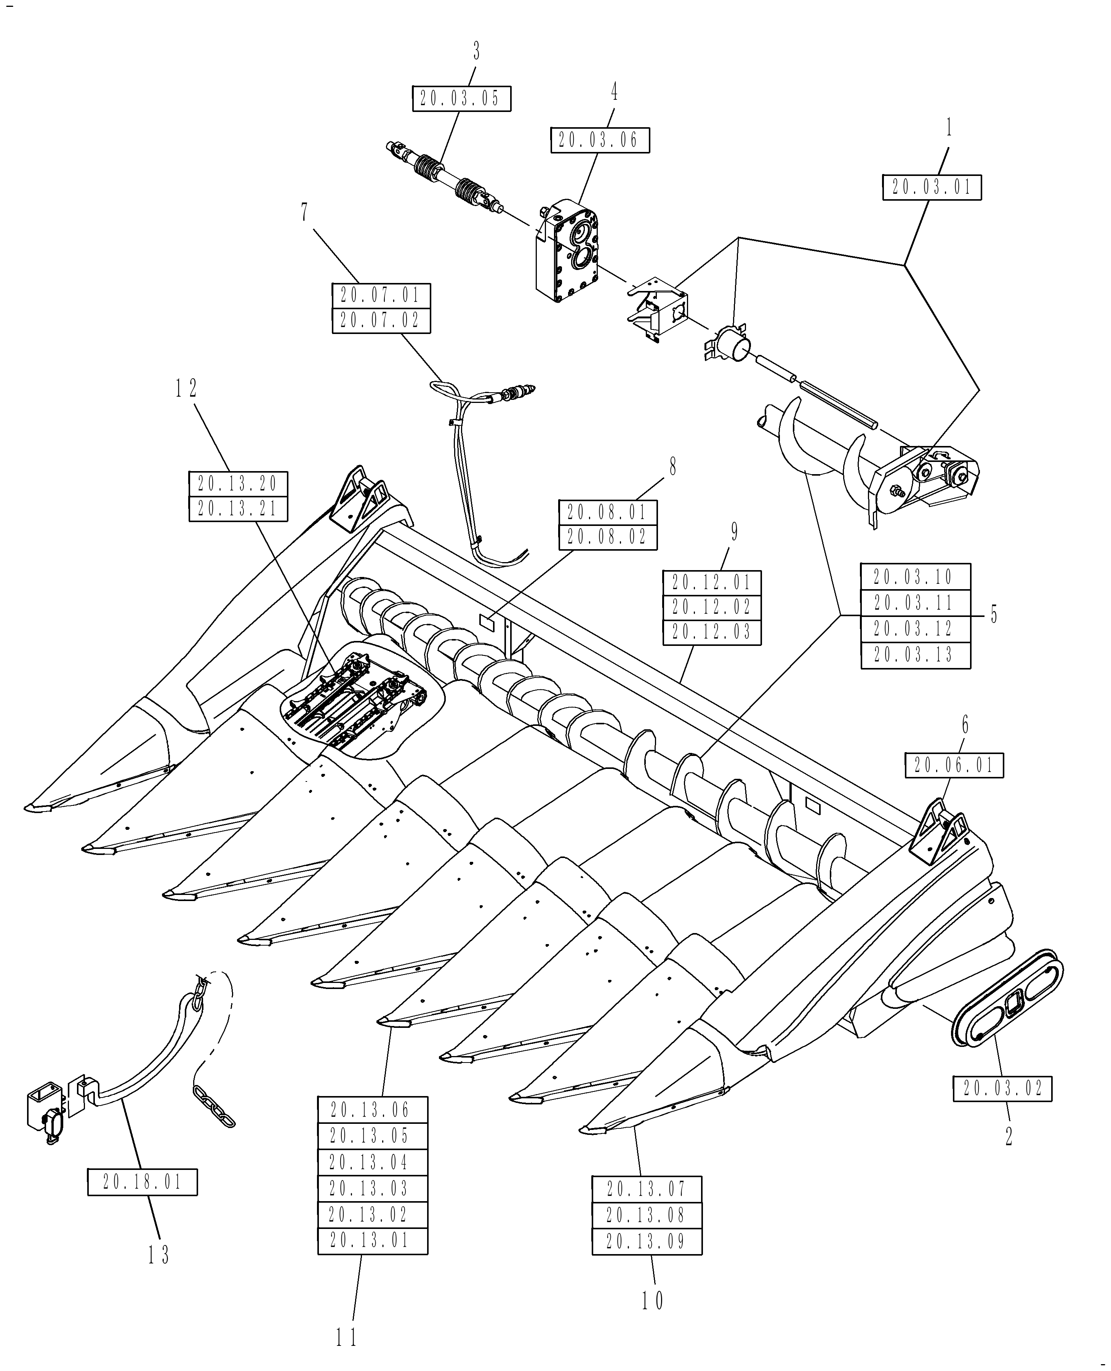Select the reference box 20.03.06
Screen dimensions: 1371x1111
[600, 140]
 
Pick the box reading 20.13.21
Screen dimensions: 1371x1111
[238, 509]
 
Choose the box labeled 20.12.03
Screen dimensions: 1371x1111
[712, 632]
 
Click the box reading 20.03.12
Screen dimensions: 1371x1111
[915, 629]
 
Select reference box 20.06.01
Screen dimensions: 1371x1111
[954, 765]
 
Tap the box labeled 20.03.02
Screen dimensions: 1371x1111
[1002, 1088]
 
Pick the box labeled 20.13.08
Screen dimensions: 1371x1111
[647, 1215]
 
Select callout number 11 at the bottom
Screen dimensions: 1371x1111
[346, 1336]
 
